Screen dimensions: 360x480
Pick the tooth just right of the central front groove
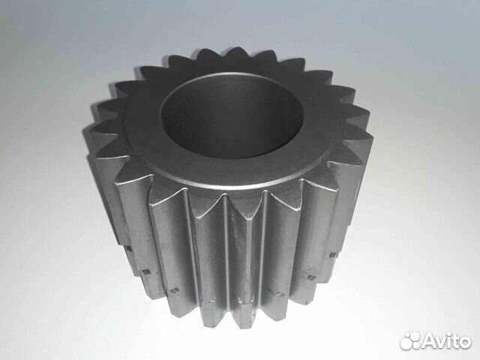click(251, 247)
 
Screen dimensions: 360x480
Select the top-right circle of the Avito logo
click(414, 336)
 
